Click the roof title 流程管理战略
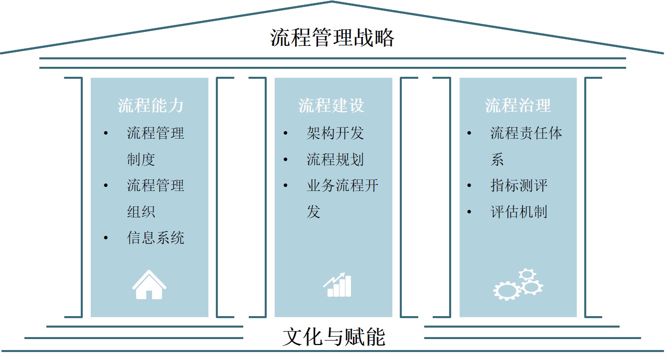pos(332,38)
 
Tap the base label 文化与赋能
pos(333,337)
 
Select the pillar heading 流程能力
pos(151,106)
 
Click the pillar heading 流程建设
pos(332,106)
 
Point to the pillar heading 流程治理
pos(518,106)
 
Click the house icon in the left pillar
pos(149,285)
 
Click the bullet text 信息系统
pos(156,238)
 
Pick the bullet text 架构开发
pos(335,133)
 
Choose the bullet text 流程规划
pos(335,160)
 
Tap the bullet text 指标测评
pos(519,186)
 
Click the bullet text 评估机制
pos(519,212)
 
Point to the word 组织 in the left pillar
pos(141,212)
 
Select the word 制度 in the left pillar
pos(141,160)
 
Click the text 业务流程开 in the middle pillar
pos(342,186)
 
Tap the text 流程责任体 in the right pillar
pos(526,133)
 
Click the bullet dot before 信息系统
pos(106,238)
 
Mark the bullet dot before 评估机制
pos(469,212)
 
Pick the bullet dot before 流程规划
pos(286,160)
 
